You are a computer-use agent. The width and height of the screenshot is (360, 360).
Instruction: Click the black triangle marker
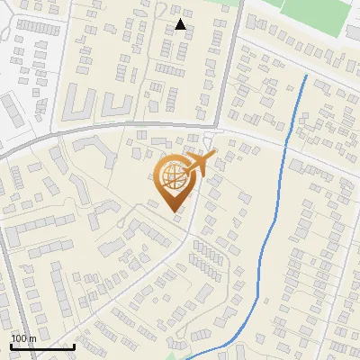[x=180, y=24]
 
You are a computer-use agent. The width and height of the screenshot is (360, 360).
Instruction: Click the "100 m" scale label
[x=23, y=337]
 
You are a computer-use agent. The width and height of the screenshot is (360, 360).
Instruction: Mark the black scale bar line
[x=42, y=346]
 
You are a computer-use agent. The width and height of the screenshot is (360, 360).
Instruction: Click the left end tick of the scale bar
[x=11, y=344]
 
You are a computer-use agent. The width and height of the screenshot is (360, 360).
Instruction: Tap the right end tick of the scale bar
[x=74, y=344]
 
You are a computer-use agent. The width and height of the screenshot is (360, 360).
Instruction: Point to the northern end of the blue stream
[x=306, y=76]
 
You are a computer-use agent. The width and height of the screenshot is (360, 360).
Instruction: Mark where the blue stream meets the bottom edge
[x=187, y=358]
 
